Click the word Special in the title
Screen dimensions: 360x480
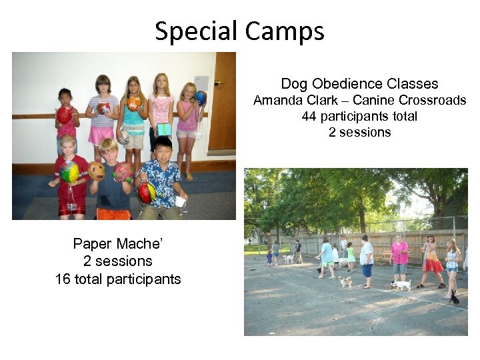point(196,31)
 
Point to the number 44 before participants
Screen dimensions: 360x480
point(309,116)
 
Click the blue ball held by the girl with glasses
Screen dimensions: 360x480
point(200,98)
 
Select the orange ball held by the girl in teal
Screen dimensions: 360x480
point(134,103)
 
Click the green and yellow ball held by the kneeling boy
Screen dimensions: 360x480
point(69,173)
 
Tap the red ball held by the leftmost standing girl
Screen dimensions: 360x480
point(64,115)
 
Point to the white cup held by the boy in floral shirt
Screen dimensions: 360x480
point(179,201)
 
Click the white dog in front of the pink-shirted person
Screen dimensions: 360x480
point(401,285)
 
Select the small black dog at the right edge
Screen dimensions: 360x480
point(454,297)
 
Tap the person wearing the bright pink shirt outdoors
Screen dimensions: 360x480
point(399,257)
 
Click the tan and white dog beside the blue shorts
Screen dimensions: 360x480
point(345,281)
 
